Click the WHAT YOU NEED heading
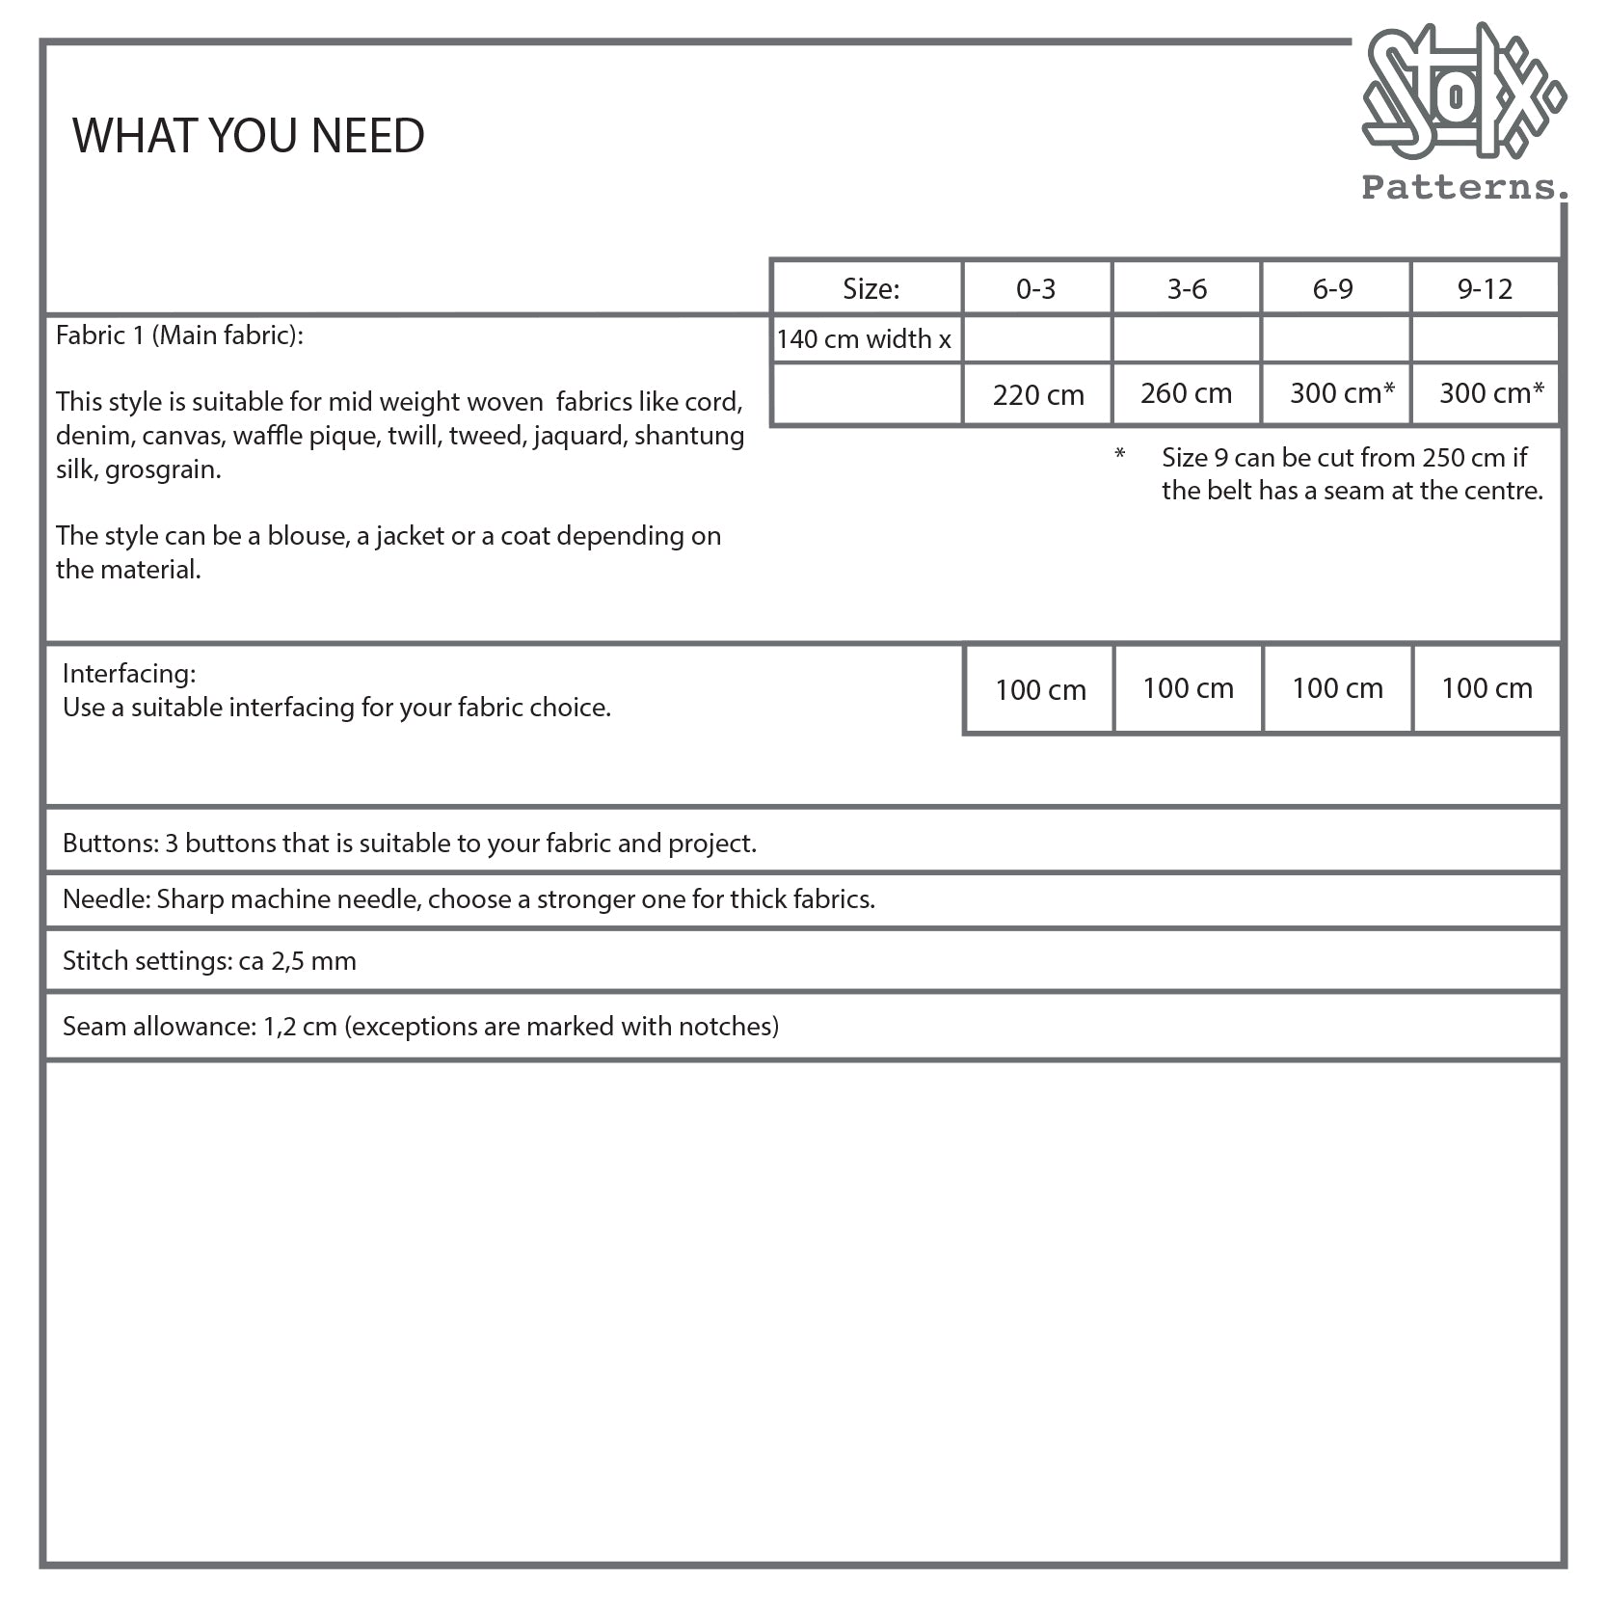[x=249, y=135]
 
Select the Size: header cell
[x=870, y=289]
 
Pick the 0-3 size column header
[x=1036, y=289]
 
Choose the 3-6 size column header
[x=1187, y=289]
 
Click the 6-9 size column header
[x=1333, y=289]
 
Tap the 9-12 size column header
[x=1485, y=289]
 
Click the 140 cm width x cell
[x=864, y=339]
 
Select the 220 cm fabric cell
[x=1038, y=394]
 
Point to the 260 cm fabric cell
[x=1186, y=393]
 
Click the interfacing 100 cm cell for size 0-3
[x=1040, y=690]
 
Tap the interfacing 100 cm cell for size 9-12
[x=1486, y=688]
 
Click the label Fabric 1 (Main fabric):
[x=179, y=335]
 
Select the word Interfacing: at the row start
[x=129, y=673]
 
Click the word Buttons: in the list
[x=110, y=844]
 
